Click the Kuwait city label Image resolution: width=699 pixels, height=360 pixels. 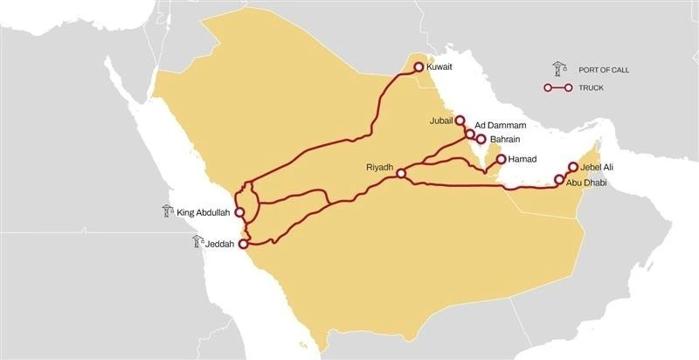tap(441, 66)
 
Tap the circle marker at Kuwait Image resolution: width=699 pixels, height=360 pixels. tap(418, 66)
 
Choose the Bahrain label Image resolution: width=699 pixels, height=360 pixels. tap(506, 139)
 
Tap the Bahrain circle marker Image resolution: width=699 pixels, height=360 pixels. tap(481, 139)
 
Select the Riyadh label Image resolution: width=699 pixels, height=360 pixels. tap(380, 165)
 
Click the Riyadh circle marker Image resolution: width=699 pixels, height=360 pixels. tap(400, 174)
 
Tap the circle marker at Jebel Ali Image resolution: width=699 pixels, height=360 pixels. tap(573, 166)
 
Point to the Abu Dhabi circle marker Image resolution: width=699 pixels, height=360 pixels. tap(559, 181)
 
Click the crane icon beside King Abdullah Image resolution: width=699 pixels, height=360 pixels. tap(167, 211)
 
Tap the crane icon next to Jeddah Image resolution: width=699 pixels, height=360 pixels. tap(197, 243)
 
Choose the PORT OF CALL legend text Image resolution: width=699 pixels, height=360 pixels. tap(602, 70)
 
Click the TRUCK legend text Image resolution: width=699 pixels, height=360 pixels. tap(591, 87)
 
